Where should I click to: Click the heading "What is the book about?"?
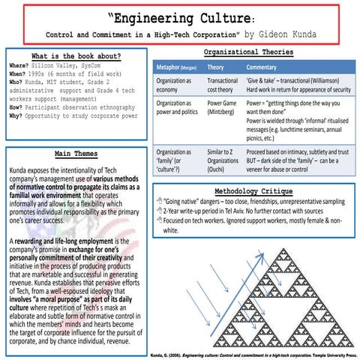(74, 56)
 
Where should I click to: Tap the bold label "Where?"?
(20, 66)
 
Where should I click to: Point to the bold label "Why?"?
(17, 116)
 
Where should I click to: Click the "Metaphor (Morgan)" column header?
(177, 67)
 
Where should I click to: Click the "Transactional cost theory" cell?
(222, 85)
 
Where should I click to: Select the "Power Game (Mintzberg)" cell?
(223, 107)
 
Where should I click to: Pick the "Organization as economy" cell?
(174, 85)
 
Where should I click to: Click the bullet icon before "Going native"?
(157, 202)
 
